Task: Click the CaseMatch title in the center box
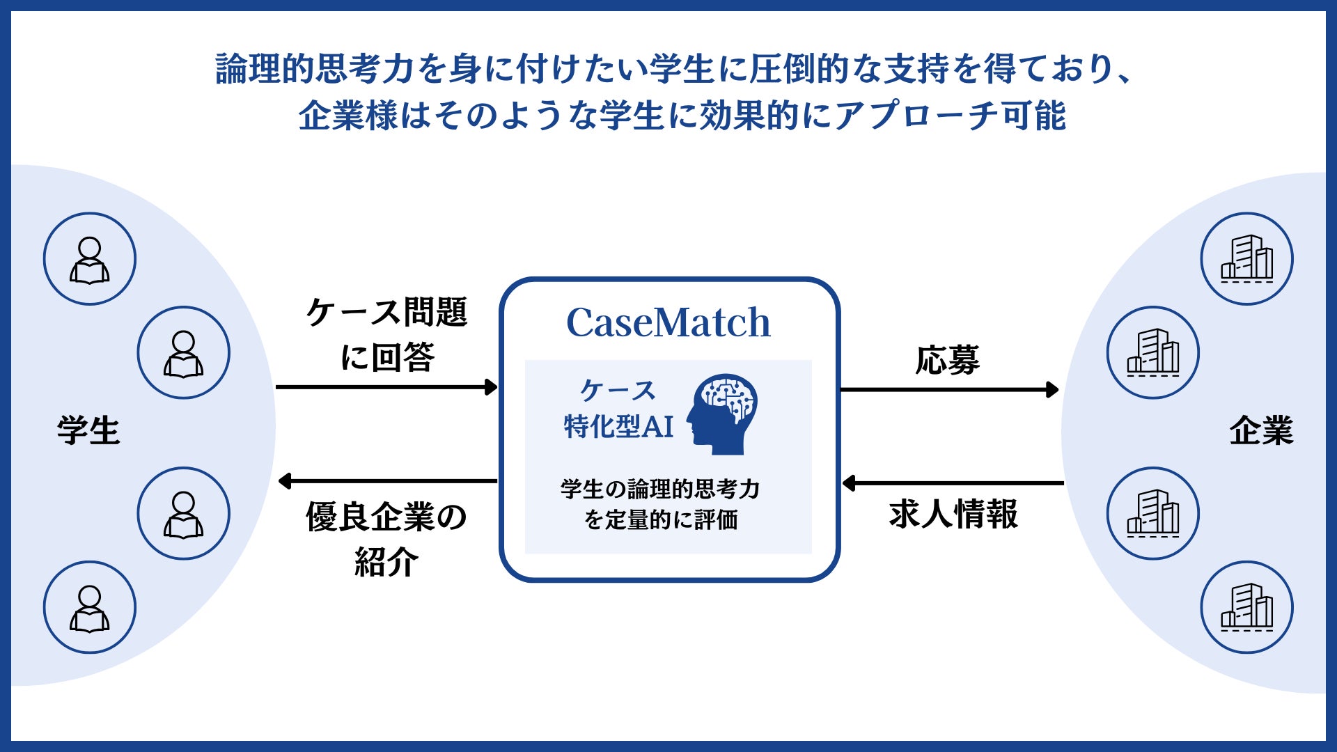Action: [x=668, y=322]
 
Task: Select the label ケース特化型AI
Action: [x=618, y=409]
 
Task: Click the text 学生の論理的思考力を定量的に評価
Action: [x=660, y=504]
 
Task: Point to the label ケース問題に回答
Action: [x=386, y=334]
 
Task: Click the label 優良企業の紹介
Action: [x=386, y=539]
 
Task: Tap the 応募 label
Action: [x=947, y=360]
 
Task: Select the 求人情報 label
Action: [x=953, y=515]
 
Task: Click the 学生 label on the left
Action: [x=88, y=430]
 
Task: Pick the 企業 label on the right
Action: [x=1260, y=430]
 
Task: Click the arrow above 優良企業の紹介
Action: [x=387, y=480]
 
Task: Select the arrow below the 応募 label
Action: [x=949, y=390]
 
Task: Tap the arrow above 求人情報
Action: [x=953, y=483]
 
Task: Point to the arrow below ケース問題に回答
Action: [x=386, y=387]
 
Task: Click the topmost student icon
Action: [x=90, y=259]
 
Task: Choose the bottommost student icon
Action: [x=90, y=607]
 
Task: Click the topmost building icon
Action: [x=1246, y=259]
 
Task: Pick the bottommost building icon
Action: [x=1246, y=607]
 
